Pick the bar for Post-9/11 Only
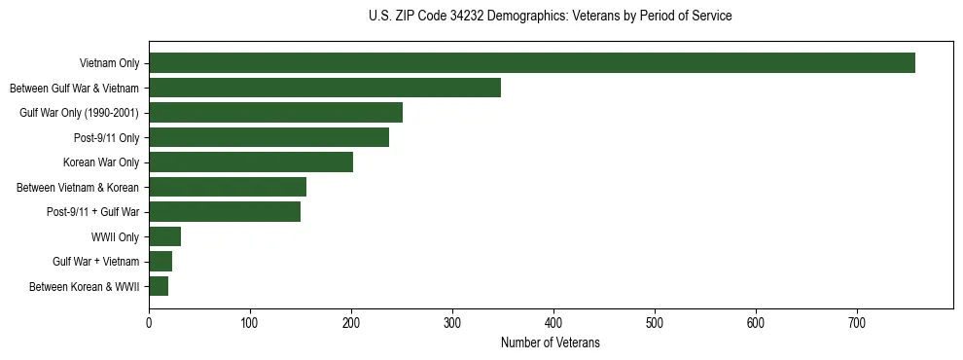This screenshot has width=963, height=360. click(268, 137)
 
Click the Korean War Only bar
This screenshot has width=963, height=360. click(251, 162)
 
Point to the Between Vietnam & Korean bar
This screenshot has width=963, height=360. click(228, 187)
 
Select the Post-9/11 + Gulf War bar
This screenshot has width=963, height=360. click(225, 212)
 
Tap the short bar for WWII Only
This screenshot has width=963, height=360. click(164, 236)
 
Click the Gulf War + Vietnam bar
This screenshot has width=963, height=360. click(160, 261)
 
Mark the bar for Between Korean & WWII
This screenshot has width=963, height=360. click(159, 286)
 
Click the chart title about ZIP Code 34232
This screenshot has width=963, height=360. click(551, 17)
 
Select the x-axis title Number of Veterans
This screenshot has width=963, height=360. click(551, 343)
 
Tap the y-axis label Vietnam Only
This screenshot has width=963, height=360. click(109, 63)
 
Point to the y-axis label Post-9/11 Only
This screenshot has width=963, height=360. click(106, 137)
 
